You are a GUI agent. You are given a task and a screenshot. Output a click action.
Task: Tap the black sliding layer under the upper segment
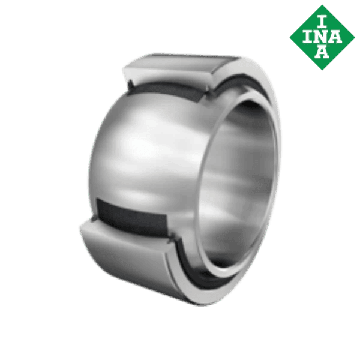[x=168, y=90]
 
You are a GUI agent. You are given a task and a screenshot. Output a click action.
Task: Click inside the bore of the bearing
[x=240, y=162]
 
